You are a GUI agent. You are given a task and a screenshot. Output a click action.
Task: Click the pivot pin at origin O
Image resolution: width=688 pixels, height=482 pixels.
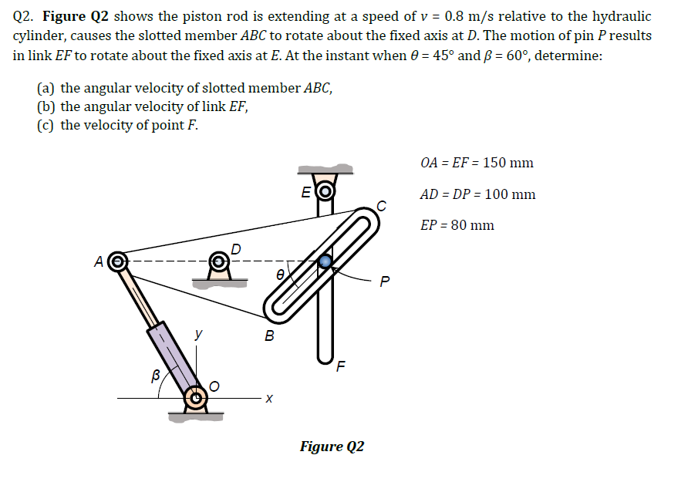click(x=197, y=399)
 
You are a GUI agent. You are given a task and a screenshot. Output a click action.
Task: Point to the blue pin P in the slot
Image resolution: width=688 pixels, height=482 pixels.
click(x=326, y=261)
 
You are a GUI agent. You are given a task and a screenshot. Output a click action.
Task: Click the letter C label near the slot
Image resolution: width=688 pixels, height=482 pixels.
click(x=380, y=204)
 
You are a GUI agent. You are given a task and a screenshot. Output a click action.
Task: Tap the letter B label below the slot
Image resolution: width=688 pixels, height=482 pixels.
click(x=268, y=335)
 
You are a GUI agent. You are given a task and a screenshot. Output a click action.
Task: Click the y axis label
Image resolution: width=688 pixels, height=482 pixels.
click(x=198, y=334)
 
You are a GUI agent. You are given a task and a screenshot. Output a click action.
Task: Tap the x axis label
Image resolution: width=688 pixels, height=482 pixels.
click(x=268, y=398)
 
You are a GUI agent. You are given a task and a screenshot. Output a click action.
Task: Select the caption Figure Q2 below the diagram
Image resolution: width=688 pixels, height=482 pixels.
click(x=332, y=447)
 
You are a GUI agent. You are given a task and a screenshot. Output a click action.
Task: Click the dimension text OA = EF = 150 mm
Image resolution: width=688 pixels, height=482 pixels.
click(x=477, y=163)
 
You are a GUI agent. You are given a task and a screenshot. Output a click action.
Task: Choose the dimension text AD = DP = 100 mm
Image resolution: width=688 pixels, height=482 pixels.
click(x=477, y=194)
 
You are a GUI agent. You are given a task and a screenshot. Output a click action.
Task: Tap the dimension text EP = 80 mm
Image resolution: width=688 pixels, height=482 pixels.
click(x=457, y=225)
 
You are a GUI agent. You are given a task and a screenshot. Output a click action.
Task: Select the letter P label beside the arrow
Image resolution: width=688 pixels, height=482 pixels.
click(x=386, y=281)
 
